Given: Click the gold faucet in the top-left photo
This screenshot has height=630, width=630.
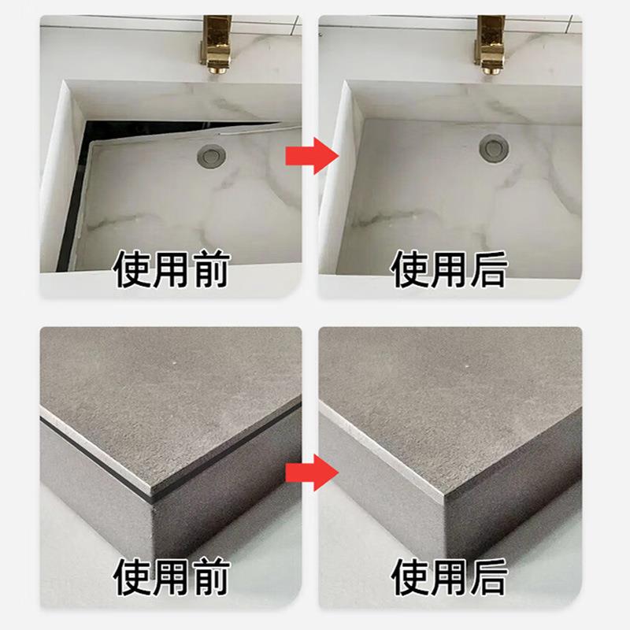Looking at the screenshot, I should coord(215,43).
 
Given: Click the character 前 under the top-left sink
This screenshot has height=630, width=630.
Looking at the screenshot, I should coord(209,270).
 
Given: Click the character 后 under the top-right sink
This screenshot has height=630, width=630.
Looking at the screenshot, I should coord(485,270).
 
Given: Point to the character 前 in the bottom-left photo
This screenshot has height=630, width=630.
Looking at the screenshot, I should coord(209,577).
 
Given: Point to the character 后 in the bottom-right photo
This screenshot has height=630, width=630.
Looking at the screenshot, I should coord(485,577).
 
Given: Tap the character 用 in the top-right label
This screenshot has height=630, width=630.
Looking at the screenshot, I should coord(447,270).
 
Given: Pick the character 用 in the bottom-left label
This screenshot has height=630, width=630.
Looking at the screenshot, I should coord(170,577).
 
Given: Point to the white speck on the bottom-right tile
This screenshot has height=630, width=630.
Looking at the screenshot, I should coord(467,368).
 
